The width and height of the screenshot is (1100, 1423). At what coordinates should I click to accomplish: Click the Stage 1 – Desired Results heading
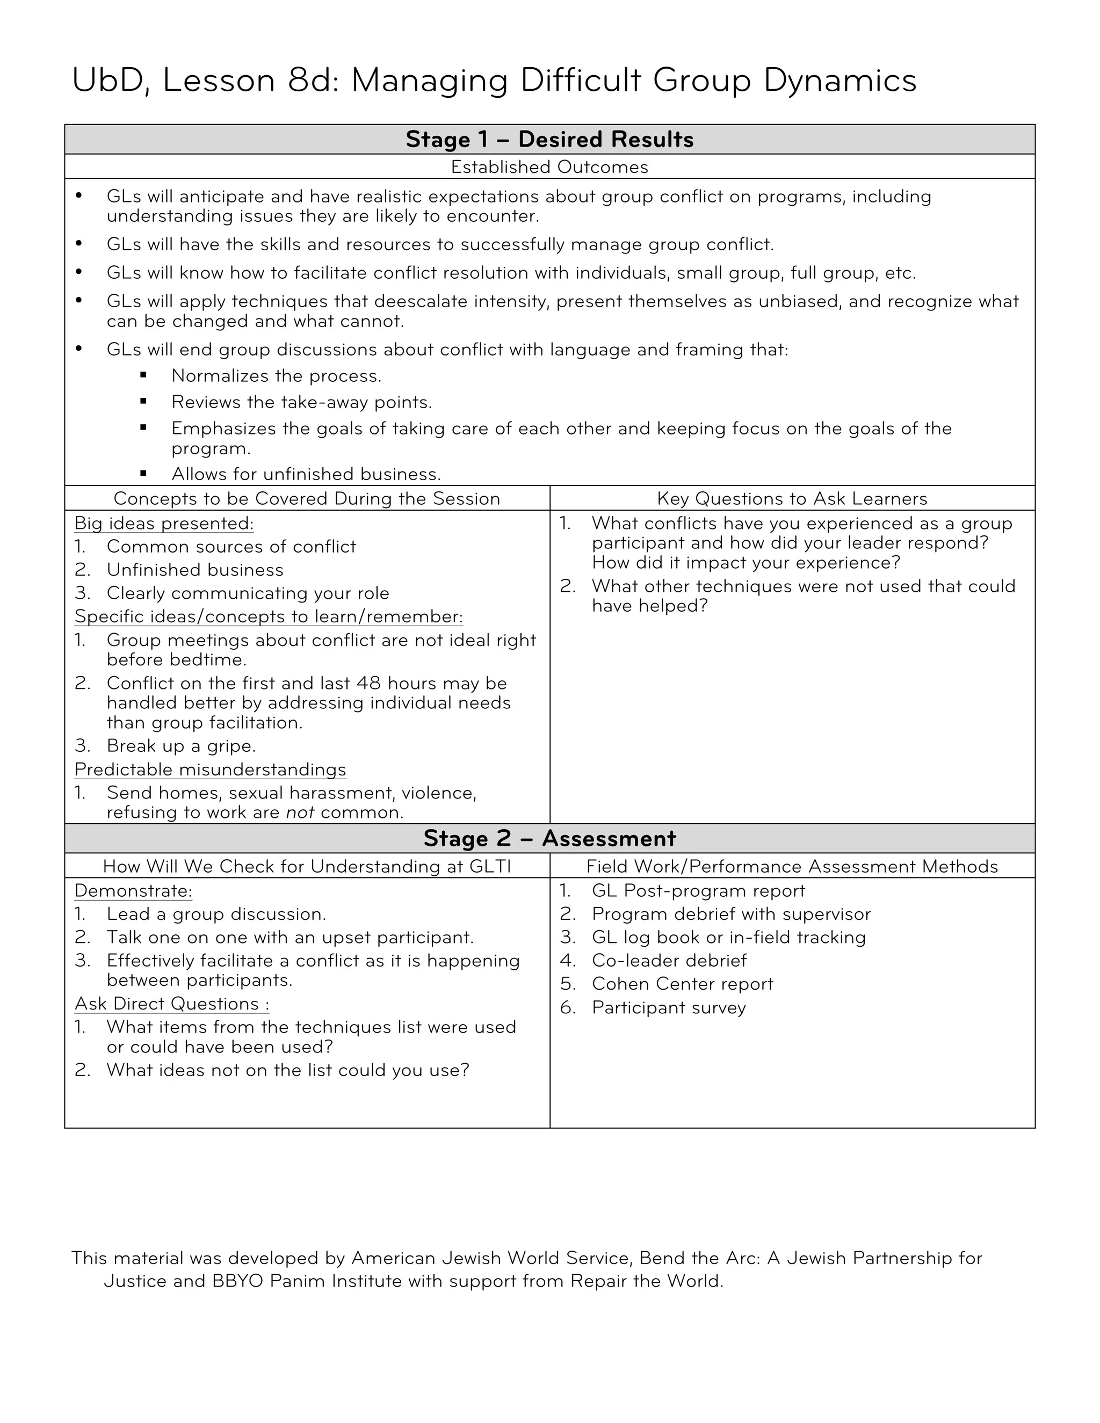coord(549,140)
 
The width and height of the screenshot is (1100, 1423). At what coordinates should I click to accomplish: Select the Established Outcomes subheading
coord(549,167)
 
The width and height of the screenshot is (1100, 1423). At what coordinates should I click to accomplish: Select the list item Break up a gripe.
coord(181,745)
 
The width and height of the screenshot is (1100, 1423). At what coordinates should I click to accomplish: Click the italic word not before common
coord(300,812)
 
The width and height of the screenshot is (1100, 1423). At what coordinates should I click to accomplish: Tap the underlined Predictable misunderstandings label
coord(210,769)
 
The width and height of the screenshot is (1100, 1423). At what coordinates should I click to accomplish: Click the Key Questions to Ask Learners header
coord(792,498)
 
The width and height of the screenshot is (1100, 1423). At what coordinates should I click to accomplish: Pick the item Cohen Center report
coord(682,984)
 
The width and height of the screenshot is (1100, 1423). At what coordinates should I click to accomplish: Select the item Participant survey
coord(669,1007)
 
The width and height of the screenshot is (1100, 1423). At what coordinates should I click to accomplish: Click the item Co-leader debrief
coord(669,961)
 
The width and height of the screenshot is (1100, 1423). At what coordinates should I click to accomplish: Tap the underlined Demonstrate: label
coord(133,891)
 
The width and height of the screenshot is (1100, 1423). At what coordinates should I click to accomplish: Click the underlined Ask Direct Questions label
coord(171,1004)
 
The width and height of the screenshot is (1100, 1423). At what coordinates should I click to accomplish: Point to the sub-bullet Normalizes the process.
coord(276,376)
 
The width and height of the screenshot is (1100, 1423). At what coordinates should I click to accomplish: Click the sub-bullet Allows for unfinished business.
coord(306,474)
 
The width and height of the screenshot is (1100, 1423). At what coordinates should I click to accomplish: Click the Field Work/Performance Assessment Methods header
coord(792,866)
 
